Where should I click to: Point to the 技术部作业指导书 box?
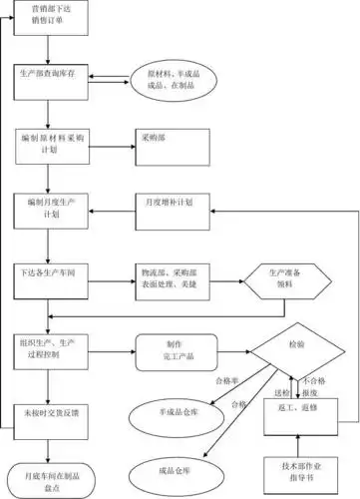coord(296,472)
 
